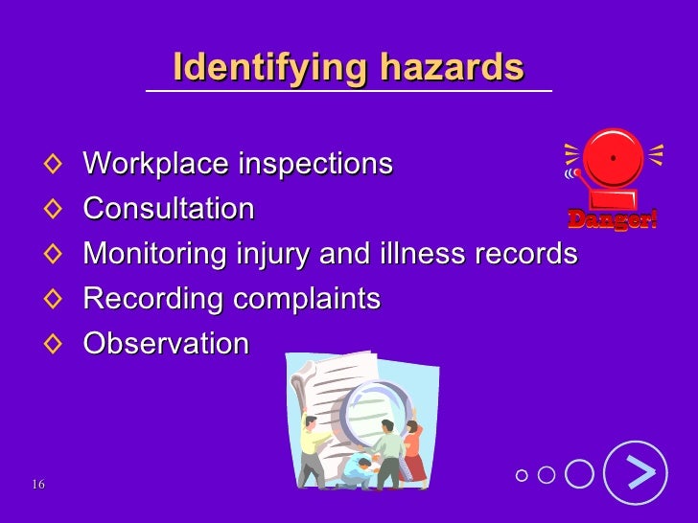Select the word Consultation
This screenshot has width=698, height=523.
click(x=169, y=209)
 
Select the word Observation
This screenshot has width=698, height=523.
click(x=166, y=344)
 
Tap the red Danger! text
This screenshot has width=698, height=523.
click(x=613, y=219)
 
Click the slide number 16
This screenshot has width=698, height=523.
click(x=37, y=485)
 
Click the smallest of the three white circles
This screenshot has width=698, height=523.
click(x=521, y=475)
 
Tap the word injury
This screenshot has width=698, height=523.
click(x=269, y=254)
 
